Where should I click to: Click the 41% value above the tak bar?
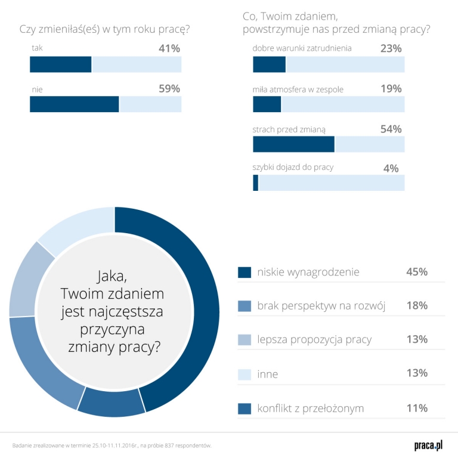coord(169,48)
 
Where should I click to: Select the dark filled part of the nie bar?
coord(75,104)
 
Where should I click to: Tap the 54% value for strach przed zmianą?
coord(391,129)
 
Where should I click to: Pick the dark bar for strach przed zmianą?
coord(293,144)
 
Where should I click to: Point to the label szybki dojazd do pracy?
coord(293,168)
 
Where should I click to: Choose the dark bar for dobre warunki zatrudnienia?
coord(270,64)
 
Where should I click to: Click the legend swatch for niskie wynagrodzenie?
coord(245,272)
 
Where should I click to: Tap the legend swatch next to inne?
coord(245,374)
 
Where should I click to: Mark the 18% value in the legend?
coord(417,306)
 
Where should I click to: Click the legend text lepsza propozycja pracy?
coord(314,339)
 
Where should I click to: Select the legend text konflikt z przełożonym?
coord(310,409)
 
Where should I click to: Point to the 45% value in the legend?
coord(417,272)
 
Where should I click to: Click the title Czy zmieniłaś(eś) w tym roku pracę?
coord(109,29)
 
